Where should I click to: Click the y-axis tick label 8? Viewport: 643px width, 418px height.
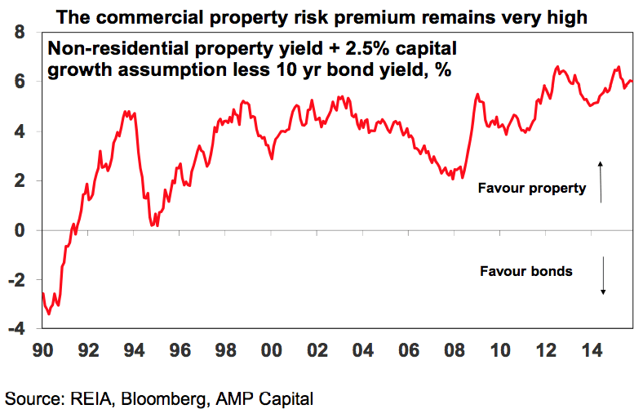click(18, 33)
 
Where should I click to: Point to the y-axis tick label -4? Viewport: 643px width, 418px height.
click(15, 328)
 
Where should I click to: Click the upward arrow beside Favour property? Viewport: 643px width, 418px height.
click(601, 182)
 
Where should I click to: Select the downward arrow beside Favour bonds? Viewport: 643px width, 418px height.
click(603, 276)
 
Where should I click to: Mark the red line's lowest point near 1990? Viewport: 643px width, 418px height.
click(49, 313)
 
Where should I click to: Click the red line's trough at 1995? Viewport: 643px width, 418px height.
click(154, 225)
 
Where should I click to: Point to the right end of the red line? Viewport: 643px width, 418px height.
click(632, 81)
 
